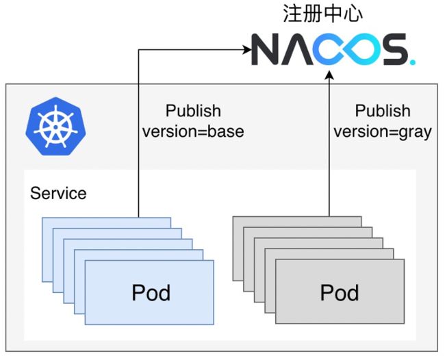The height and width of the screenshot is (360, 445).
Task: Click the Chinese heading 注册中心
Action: coord(322,14)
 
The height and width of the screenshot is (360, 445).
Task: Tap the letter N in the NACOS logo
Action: coord(265,49)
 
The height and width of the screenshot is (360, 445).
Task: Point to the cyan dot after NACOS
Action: coord(412,62)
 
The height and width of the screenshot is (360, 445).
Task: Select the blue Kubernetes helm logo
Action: coord(56,126)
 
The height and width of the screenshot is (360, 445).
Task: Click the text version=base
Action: coord(193,131)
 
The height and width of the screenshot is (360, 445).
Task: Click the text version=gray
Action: coord(383,132)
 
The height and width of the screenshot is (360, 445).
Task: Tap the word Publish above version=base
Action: coord(193,111)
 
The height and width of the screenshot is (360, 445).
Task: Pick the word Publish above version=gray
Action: coord(383,111)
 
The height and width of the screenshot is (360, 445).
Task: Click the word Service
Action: coord(58,193)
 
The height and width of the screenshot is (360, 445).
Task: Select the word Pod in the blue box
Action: coord(151,292)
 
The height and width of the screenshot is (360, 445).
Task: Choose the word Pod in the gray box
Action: coord(340,292)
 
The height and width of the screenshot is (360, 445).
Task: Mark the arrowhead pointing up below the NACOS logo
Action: coord(329,75)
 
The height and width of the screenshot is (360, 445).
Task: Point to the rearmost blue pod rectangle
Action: coord(106,222)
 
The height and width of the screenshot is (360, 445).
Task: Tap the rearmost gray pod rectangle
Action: coord(297,221)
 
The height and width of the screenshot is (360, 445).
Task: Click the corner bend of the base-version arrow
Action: coord(138,50)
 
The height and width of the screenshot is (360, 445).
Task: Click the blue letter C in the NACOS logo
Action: coord(327,49)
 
